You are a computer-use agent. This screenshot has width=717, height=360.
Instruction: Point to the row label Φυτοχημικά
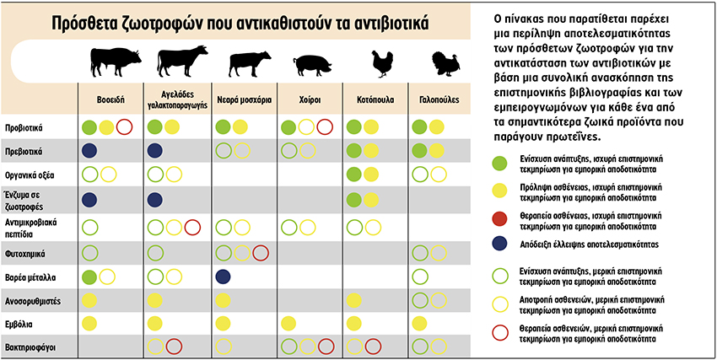click(x=24, y=252)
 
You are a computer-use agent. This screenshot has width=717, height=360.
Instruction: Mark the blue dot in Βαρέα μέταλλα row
click(x=224, y=277)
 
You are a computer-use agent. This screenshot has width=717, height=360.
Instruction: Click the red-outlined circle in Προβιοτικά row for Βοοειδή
click(x=125, y=127)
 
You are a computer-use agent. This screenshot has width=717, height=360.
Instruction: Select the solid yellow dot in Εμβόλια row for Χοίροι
click(x=289, y=323)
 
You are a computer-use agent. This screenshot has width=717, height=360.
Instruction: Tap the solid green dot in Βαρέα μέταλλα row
click(x=89, y=277)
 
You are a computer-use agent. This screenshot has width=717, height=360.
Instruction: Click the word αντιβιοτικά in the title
click(x=384, y=22)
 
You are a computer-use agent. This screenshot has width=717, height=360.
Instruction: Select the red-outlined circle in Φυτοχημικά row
click(x=260, y=252)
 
